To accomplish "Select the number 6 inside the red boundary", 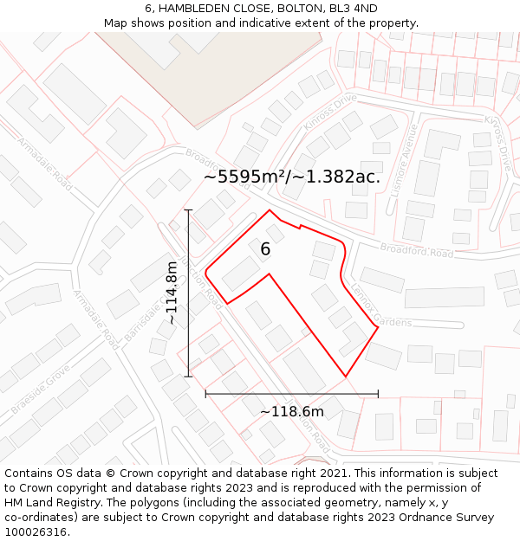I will [265, 249].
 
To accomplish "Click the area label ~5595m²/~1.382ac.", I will [292, 177].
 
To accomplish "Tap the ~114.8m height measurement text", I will [172, 293].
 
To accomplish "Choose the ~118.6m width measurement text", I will [292, 411].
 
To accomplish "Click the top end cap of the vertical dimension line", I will [188, 210].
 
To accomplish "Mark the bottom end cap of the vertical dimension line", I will [188, 377].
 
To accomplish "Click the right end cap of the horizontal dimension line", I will [378, 394].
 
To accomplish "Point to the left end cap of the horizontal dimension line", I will [205, 394].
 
